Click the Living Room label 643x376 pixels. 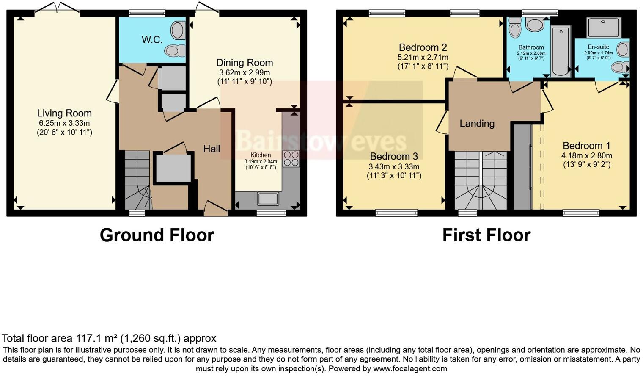(x=64, y=113)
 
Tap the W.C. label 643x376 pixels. (x=152, y=40)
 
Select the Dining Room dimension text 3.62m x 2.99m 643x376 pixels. (x=245, y=72)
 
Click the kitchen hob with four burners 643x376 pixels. (x=291, y=158)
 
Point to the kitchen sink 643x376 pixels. (x=268, y=198)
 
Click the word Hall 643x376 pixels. (x=212, y=149)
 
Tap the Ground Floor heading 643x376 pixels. (x=157, y=235)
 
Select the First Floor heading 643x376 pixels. (x=486, y=235)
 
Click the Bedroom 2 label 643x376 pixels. (x=423, y=47)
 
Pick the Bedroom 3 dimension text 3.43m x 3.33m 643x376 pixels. (x=394, y=166)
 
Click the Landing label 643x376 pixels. (x=477, y=124)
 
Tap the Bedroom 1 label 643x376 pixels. (x=586, y=146)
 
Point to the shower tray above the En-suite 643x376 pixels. (x=604, y=28)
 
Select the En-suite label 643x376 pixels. (x=598, y=47)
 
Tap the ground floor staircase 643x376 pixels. (x=138, y=180)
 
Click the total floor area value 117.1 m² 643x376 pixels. (x=97, y=338)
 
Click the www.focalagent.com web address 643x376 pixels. (x=410, y=368)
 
